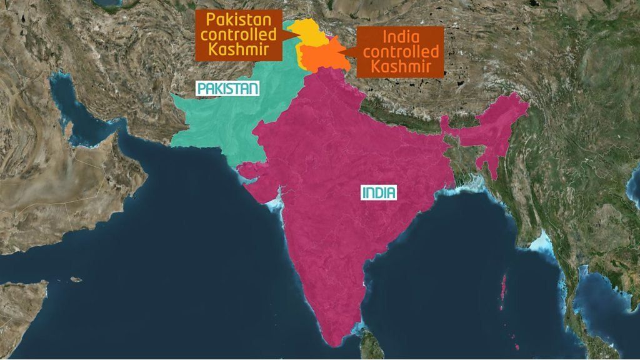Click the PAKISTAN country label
coord(227,89)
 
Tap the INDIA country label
coord(379,192)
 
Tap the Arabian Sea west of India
coord(187,237)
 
